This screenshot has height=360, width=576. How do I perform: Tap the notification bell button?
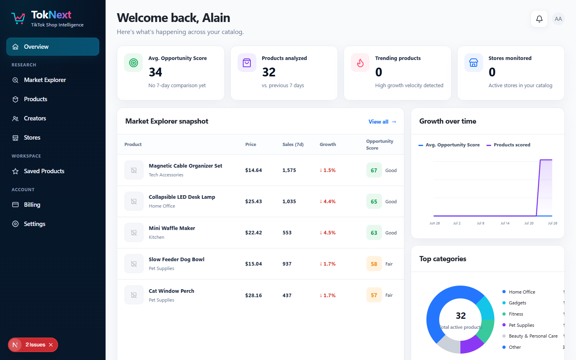539,19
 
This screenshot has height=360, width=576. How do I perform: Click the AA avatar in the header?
558,19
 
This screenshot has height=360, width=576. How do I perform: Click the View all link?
382,122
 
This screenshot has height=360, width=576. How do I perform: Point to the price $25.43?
254,201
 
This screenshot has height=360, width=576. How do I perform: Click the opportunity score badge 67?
374,170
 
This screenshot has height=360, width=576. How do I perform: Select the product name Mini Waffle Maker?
172,228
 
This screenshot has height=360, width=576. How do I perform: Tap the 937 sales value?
287,264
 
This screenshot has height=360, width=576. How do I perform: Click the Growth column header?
328,144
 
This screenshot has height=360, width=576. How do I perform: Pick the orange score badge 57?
374,295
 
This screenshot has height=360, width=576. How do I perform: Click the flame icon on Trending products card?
360,63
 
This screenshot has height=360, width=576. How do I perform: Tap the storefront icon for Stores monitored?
474,63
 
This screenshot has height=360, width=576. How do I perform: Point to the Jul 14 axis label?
505,223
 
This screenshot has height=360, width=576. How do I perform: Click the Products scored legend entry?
508,145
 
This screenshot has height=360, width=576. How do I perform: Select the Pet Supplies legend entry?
518,325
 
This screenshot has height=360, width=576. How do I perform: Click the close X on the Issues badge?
51,345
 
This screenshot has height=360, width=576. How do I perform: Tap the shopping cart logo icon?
18,18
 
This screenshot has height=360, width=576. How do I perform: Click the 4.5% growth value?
328,233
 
